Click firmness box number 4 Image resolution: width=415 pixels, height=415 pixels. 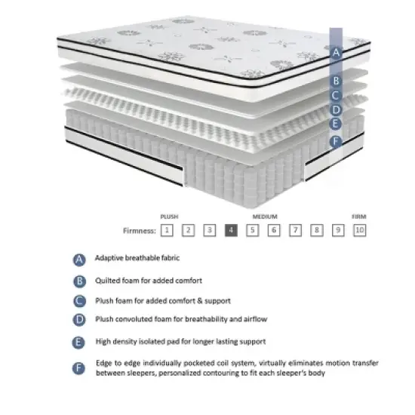232,230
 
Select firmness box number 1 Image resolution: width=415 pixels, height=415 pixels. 167,230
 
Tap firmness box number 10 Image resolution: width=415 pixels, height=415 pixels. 360,230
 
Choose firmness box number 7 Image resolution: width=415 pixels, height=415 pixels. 297,230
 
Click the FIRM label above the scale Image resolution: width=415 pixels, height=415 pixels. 359,216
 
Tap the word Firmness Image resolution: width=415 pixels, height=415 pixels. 140,231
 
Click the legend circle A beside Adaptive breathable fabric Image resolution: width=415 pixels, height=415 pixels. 79,260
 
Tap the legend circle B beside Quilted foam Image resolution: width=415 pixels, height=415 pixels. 79,281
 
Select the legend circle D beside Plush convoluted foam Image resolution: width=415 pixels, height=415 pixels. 79,321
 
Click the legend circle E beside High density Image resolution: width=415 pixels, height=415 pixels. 79,342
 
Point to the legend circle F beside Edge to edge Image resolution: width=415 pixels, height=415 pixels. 79,368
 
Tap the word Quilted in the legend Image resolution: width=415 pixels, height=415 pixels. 107,281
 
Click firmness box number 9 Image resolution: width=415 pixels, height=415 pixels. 339,230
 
